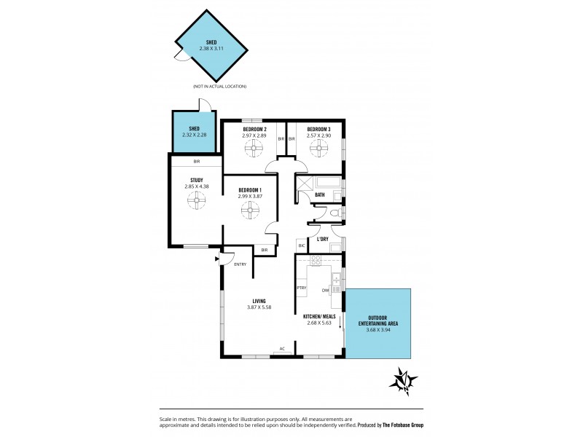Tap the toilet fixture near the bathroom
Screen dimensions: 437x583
[x=333, y=213]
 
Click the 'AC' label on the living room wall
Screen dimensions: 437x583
[x=282, y=349]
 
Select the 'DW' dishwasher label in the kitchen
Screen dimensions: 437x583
[x=325, y=288]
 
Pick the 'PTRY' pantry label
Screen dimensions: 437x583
[x=301, y=288]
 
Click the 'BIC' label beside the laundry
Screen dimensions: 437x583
[x=302, y=246]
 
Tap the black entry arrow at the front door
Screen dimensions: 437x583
[x=216, y=258]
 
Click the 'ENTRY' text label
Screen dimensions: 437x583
[x=240, y=264]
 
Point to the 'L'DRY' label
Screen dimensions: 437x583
[x=322, y=239]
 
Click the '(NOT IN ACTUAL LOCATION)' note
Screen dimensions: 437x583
[x=219, y=87]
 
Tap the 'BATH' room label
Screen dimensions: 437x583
[x=320, y=194]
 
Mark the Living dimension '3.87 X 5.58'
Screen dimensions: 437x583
[x=259, y=307]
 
